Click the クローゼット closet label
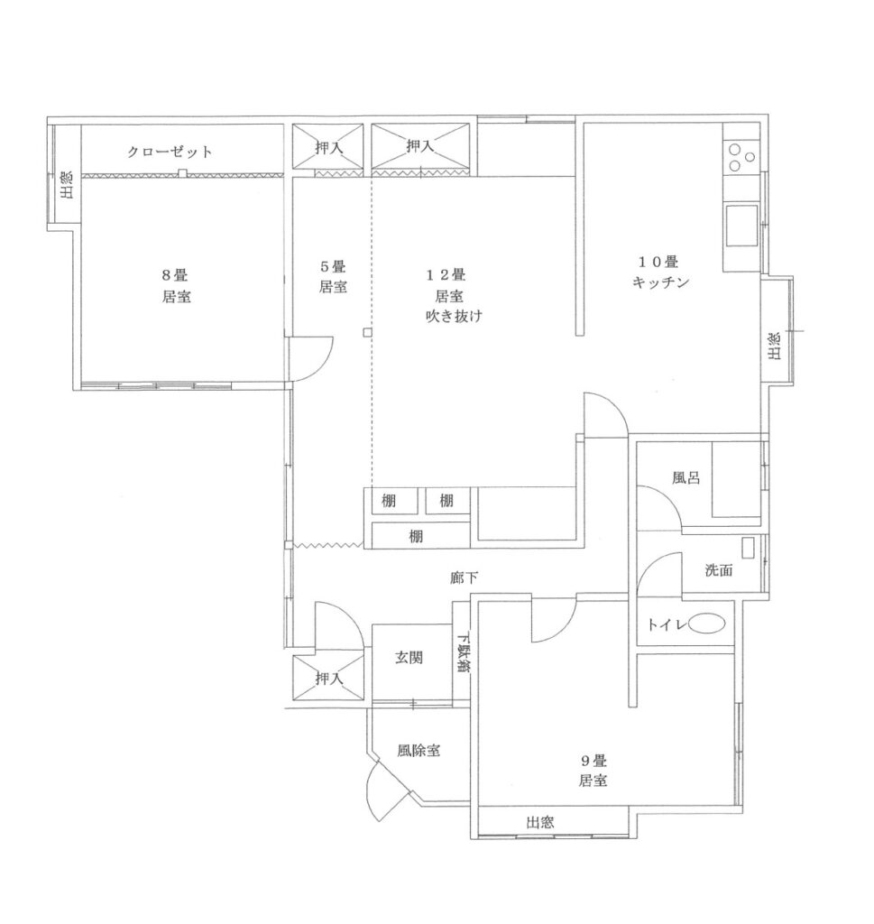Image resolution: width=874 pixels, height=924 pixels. click(170, 152)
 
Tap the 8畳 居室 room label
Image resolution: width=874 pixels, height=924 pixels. click(176, 286)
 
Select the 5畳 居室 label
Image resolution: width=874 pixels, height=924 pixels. click(333, 277)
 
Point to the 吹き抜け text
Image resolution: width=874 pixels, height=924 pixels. click(454, 317)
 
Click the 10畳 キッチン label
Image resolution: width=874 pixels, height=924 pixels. click(660, 273)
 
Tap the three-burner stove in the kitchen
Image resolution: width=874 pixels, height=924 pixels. click(741, 157)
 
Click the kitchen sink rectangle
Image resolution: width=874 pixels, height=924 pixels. click(741, 225)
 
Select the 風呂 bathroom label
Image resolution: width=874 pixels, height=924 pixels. click(686, 477)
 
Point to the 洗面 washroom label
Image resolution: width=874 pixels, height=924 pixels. click(719, 570)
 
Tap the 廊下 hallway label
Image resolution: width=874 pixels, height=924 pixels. click(464, 578)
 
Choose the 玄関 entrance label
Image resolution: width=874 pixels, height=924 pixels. click(409, 658)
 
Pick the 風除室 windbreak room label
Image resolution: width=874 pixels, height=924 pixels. click(419, 751)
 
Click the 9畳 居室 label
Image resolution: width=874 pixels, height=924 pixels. click(593, 771)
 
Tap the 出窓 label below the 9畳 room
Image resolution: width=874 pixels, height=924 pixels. click(540, 822)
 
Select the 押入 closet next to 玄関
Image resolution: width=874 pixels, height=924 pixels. click(328, 679)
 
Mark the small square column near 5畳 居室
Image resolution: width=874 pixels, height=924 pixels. click(367, 333)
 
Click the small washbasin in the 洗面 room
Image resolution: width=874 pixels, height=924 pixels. click(748, 548)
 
